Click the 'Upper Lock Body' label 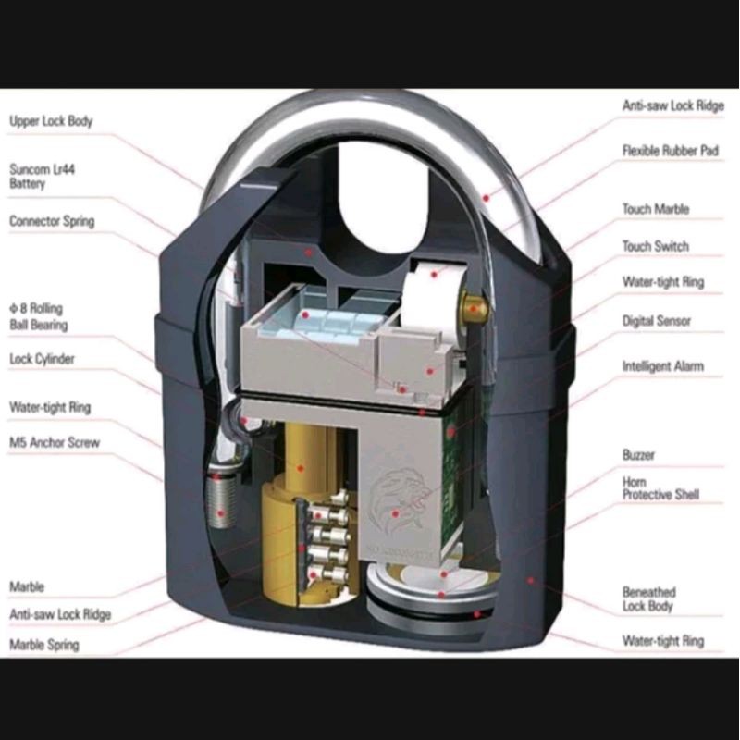[51, 121]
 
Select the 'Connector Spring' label [52, 222]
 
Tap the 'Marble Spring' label [44, 645]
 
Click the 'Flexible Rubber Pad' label [671, 151]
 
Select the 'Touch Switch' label [656, 247]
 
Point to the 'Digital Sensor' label [657, 321]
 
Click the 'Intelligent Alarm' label [662, 367]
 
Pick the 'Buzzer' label [638, 456]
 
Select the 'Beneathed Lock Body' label [649, 598]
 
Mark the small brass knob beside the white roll [475, 308]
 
